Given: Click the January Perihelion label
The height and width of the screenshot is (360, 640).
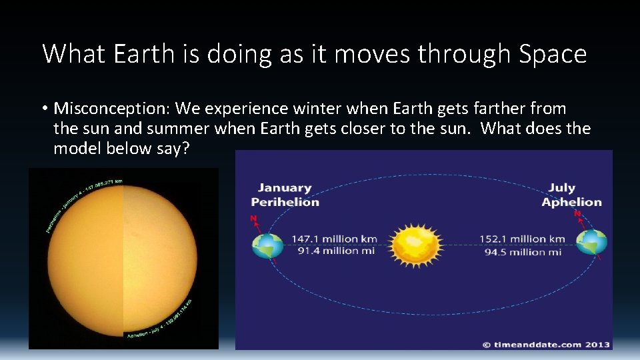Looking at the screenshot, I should click(285, 195).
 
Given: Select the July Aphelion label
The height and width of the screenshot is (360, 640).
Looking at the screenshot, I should click(571, 195).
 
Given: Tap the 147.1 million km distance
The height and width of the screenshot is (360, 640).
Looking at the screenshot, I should click(334, 239).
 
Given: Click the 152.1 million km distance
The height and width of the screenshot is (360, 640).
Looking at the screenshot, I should click(523, 239).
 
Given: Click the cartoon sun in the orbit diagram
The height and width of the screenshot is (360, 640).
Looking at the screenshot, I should click(416, 245).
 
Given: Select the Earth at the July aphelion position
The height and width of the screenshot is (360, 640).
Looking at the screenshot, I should click(592, 244).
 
